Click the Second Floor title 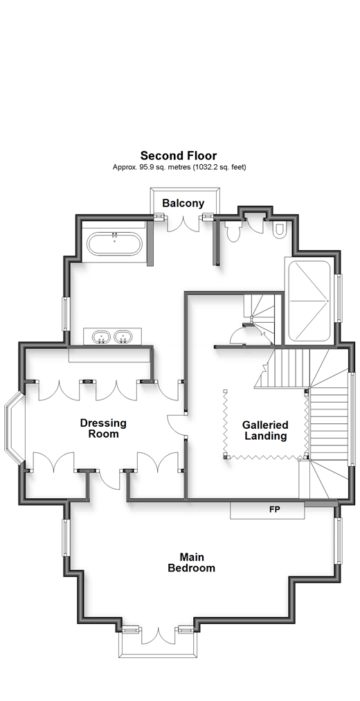[179, 156]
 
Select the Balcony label [183, 204]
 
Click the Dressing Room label [103, 428]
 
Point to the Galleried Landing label [265, 431]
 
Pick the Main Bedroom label [191, 563]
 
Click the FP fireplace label [275, 509]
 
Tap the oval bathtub [115, 244]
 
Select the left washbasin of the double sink [102, 337]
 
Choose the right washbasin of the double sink [123, 337]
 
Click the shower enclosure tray [309, 301]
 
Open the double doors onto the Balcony [183, 223]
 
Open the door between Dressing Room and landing [176, 423]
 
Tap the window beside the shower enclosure [339, 297]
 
